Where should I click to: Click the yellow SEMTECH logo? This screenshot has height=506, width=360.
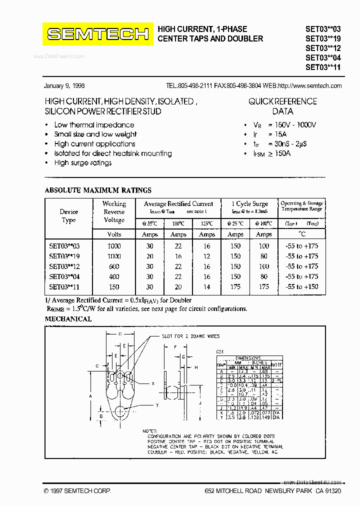tap(98, 34)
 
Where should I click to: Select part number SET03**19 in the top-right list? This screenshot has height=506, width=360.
tap(323, 38)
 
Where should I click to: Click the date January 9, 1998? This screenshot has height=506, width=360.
tap(64, 85)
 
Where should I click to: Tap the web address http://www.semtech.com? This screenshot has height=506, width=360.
tap(309, 85)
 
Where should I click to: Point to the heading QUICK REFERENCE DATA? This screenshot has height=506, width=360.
tap(282, 106)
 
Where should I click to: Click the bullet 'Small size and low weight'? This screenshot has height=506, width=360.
tap(95, 134)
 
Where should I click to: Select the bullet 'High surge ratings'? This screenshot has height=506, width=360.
tap(82, 163)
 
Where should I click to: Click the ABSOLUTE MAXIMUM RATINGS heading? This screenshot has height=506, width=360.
tap(98, 190)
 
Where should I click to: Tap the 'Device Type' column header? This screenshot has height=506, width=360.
tap(68, 216)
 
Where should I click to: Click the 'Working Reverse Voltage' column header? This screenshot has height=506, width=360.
tap(114, 211)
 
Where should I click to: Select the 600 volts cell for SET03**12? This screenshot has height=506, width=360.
tap(114, 266)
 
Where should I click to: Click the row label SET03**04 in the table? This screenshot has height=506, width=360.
tap(64, 276)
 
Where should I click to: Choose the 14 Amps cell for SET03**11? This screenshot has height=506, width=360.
tap(206, 287)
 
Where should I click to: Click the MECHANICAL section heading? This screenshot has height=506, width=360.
tap(68, 319)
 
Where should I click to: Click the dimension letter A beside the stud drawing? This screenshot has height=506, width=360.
tap(90, 395)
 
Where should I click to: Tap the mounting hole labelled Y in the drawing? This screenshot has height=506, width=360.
tap(120, 411)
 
